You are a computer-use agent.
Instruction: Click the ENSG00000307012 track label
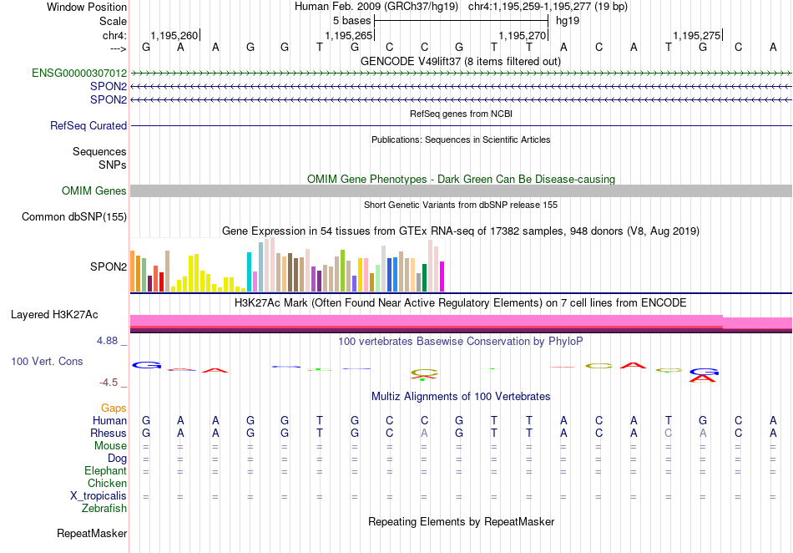[x=79, y=74]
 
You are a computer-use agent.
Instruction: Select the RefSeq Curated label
[x=88, y=125]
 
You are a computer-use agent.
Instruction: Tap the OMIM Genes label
[x=94, y=190]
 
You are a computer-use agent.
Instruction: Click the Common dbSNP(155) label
[x=74, y=216]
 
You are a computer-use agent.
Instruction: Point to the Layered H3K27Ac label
[x=54, y=315]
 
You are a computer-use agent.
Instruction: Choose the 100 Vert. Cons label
[x=47, y=361]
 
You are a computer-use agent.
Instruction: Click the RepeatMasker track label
[x=92, y=533]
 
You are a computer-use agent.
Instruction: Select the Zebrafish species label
[x=104, y=509]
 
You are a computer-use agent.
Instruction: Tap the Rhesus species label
[x=109, y=433]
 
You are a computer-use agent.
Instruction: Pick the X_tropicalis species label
[x=98, y=496]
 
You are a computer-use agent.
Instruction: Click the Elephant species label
[x=106, y=470]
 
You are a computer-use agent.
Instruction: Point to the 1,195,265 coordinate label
[x=348, y=35]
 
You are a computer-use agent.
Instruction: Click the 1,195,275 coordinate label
[x=696, y=35]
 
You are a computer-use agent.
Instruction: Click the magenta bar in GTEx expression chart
[x=442, y=276]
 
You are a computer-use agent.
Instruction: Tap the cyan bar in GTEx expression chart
[x=249, y=271]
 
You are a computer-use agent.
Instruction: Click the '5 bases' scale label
[x=352, y=21]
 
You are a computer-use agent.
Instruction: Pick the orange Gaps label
[x=114, y=408]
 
